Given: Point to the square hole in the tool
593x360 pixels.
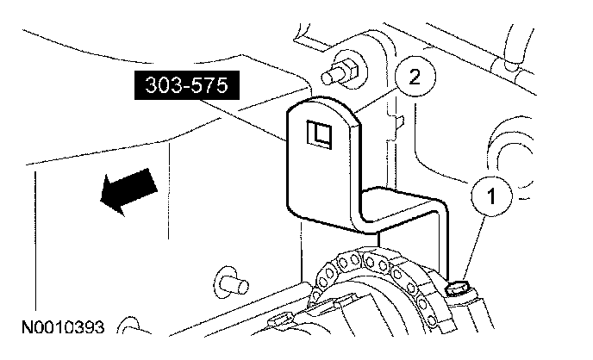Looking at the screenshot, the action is (x=320, y=133).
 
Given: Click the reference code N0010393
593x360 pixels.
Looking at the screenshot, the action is (x=65, y=328).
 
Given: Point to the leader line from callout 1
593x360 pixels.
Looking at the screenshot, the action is (x=475, y=245).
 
